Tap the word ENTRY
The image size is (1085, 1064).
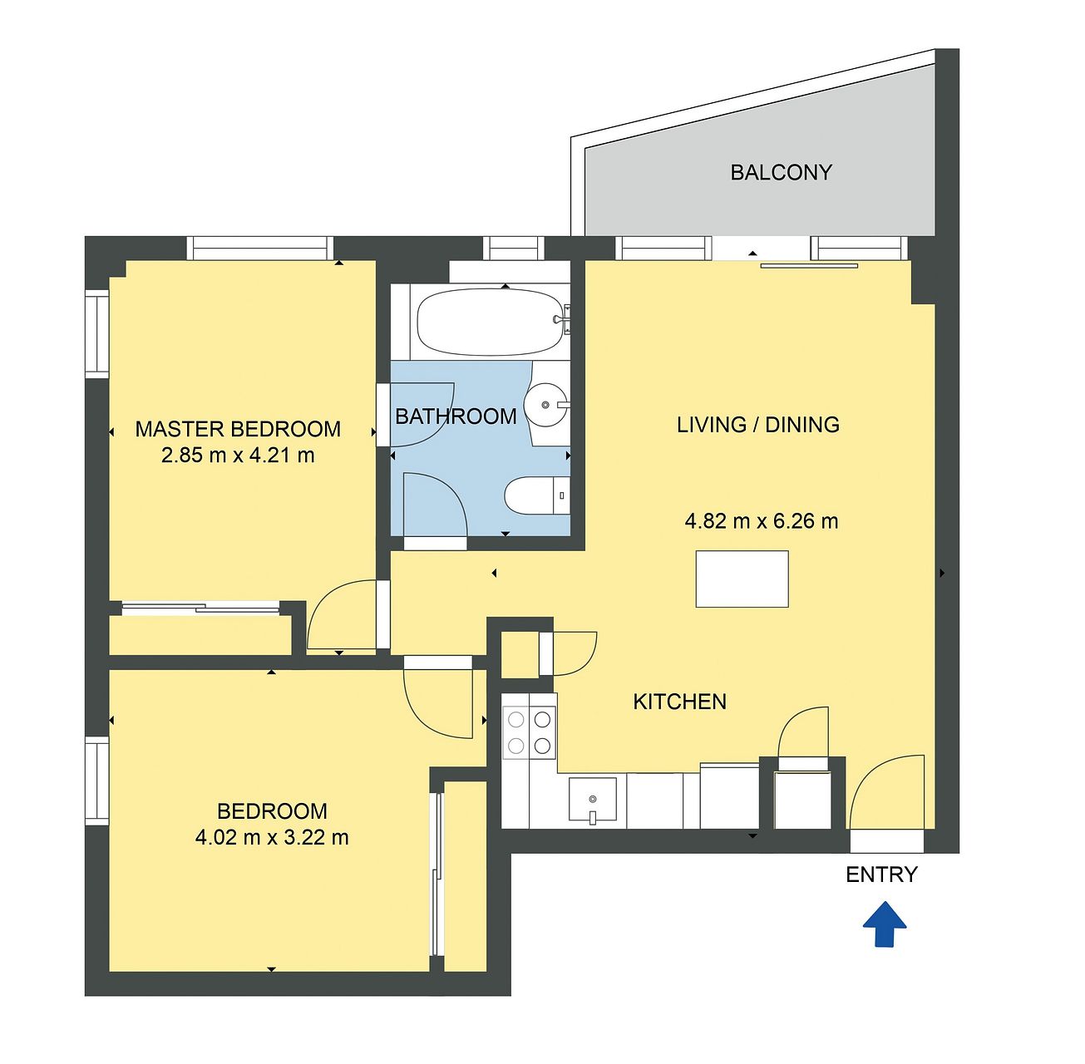[x=882, y=874]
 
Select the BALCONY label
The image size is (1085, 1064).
[x=781, y=172]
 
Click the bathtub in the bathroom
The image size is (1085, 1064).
[x=490, y=322]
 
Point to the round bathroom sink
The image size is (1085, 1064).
[x=546, y=404]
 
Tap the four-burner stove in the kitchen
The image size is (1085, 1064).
[x=530, y=732]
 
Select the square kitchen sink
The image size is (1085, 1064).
[x=592, y=800]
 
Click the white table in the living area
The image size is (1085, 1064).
[x=742, y=579]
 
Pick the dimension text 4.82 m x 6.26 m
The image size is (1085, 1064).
[x=762, y=521]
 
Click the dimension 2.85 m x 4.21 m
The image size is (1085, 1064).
[x=238, y=455]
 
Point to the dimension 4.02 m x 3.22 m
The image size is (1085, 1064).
[x=272, y=838]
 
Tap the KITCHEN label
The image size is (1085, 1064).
[x=679, y=702]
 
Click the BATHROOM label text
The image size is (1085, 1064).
[x=456, y=416]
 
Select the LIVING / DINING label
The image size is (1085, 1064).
[x=758, y=425]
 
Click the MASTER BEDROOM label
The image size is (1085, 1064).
[x=238, y=429]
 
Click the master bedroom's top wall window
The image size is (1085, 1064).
[x=259, y=248]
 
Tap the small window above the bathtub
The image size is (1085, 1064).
[x=514, y=248]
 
